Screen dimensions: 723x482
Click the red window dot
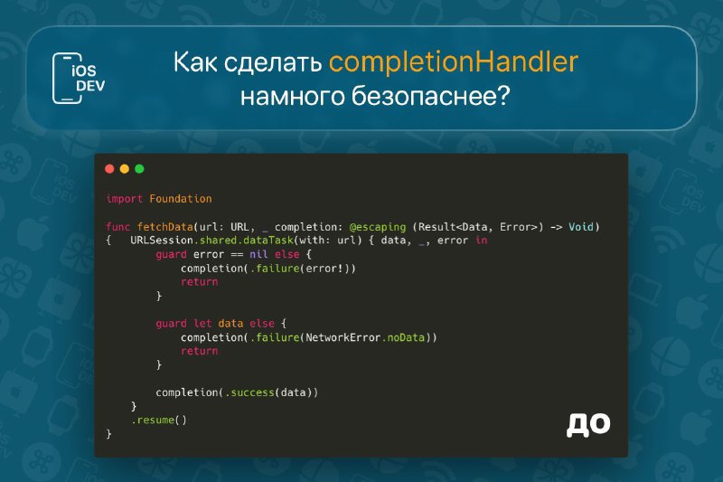(109, 169)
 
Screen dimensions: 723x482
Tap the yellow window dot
(125, 169)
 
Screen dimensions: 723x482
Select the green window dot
(139, 169)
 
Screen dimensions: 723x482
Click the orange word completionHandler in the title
(454, 62)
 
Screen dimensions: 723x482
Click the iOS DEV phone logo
(79, 78)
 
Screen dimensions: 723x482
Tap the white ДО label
(588, 424)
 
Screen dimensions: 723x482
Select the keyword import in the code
(124, 199)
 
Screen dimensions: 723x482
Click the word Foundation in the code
(181, 199)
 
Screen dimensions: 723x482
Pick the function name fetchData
(165, 227)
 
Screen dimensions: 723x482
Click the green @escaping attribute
(378, 227)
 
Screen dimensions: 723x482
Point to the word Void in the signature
(581, 226)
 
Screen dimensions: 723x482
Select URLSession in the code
(162, 241)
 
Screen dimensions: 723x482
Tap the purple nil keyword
(258, 254)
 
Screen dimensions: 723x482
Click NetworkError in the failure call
(343, 337)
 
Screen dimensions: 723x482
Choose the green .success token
(250, 392)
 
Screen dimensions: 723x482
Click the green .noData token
(403, 337)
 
